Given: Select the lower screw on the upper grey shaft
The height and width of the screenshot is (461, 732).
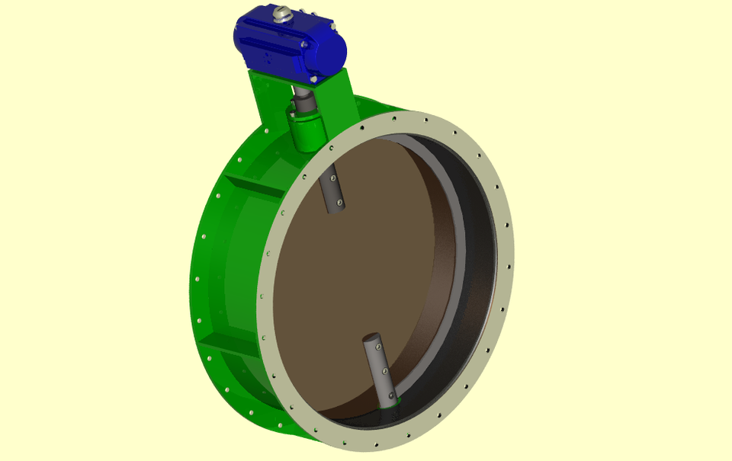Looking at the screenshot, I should [x=340, y=203].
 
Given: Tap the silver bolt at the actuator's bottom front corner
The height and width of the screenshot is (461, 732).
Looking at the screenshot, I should [x=312, y=78].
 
